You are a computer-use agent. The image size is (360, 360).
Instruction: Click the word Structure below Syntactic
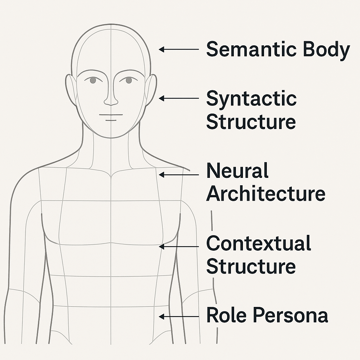click(x=251, y=122)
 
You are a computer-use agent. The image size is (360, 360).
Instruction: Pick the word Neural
click(x=237, y=171)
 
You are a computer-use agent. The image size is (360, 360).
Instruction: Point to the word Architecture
click(x=265, y=194)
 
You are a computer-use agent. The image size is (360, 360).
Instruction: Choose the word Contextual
click(x=258, y=243)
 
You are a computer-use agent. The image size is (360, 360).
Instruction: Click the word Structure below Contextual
click(x=251, y=266)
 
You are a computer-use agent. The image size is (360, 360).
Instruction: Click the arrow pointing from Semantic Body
click(x=179, y=50)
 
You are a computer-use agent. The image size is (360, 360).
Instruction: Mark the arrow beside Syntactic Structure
click(x=179, y=99)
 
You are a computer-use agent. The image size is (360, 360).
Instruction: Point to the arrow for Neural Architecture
click(x=179, y=174)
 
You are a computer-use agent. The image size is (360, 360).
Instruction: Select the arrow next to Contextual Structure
click(x=179, y=247)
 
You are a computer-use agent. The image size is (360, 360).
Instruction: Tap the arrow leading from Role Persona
click(x=179, y=317)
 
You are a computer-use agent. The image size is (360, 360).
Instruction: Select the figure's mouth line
click(x=111, y=115)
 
